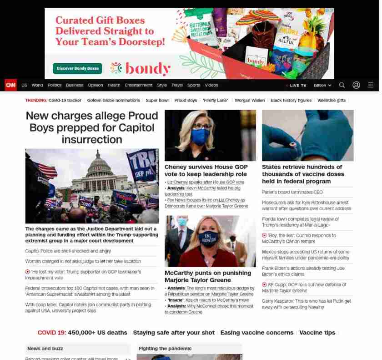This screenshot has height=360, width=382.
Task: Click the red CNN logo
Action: coord(10,85)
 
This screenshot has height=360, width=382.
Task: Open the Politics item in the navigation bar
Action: coord(54,85)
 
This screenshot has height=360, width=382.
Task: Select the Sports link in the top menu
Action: coord(194,85)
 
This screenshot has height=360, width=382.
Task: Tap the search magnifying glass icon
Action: coord(342,85)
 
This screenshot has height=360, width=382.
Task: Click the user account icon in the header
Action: coord(356,85)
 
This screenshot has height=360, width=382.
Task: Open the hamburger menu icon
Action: coord(371,85)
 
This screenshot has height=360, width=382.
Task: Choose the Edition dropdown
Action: coord(322,85)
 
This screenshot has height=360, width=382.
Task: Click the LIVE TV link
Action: coord(298,85)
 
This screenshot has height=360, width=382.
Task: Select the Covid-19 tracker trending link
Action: coord(65,100)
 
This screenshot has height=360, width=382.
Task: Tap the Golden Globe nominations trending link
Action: coord(113,100)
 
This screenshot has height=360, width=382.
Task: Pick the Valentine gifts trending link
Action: coord(331,100)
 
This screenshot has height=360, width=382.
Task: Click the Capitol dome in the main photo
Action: coord(99,166)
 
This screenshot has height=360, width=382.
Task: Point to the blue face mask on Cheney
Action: coord(200,136)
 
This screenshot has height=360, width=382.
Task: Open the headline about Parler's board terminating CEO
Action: coord(292,192)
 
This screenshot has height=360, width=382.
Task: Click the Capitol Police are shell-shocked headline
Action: coord(68,251)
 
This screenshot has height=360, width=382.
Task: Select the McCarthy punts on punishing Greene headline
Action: coord(208,276)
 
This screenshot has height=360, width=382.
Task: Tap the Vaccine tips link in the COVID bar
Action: coord(317,333)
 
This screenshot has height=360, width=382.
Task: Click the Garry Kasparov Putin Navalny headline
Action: coord(306,304)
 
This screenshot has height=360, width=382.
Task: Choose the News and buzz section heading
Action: coord(45,349)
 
